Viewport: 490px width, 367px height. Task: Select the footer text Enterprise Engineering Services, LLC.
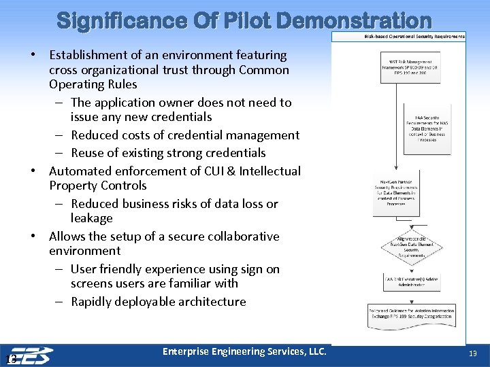(244, 351)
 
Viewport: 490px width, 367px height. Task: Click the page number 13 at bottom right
(474, 354)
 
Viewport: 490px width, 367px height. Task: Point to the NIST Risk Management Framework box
(410, 67)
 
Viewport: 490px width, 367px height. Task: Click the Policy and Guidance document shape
(410, 313)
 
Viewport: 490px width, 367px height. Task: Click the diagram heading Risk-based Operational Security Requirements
(414, 36)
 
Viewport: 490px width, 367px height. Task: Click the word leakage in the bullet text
(92, 218)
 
